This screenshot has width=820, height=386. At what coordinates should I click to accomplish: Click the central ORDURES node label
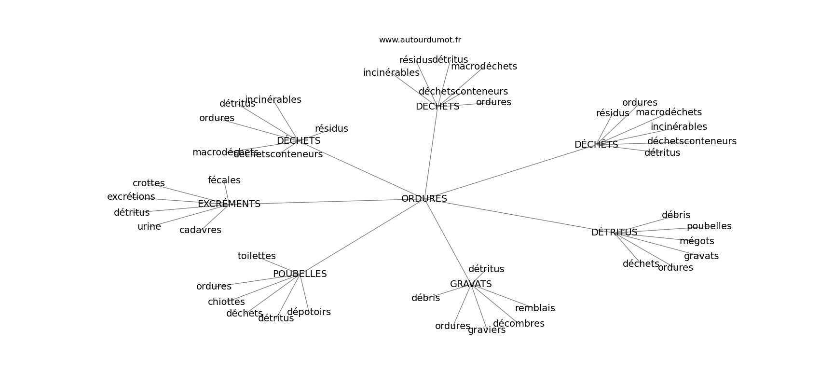pyautogui.click(x=424, y=198)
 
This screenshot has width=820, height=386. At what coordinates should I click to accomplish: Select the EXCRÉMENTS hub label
pyautogui.click(x=229, y=204)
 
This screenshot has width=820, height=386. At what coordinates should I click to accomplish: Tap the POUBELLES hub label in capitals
pyautogui.click(x=300, y=274)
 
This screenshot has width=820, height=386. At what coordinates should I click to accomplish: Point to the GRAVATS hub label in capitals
pyautogui.click(x=471, y=284)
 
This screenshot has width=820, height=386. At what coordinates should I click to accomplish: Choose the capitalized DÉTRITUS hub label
pyautogui.click(x=614, y=232)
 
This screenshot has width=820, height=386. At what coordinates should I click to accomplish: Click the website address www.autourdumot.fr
pyautogui.click(x=420, y=40)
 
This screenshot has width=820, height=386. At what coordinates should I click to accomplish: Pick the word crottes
pyautogui.click(x=149, y=183)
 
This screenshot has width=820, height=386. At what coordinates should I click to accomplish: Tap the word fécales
pyautogui.click(x=224, y=180)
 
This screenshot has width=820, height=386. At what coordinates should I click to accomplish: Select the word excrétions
pyautogui.click(x=131, y=196)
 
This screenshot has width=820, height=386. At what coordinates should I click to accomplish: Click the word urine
pyautogui.click(x=149, y=226)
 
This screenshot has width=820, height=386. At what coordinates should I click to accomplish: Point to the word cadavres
pyautogui.click(x=200, y=230)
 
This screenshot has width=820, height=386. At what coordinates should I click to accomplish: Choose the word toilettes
pyautogui.click(x=257, y=256)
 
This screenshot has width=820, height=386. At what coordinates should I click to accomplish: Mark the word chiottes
pyautogui.click(x=226, y=302)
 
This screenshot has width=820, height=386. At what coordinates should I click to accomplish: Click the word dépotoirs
pyautogui.click(x=309, y=312)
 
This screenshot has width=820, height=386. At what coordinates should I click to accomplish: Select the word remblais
pyautogui.click(x=535, y=308)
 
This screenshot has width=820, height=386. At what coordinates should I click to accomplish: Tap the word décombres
pyautogui.click(x=519, y=323)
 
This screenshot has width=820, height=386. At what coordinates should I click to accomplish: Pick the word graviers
pyautogui.click(x=487, y=330)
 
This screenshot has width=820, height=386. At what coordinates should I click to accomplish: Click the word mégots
pyautogui.click(x=697, y=241)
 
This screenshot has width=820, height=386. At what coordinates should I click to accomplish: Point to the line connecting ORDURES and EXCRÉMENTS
pyautogui.click(x=328, y=201)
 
